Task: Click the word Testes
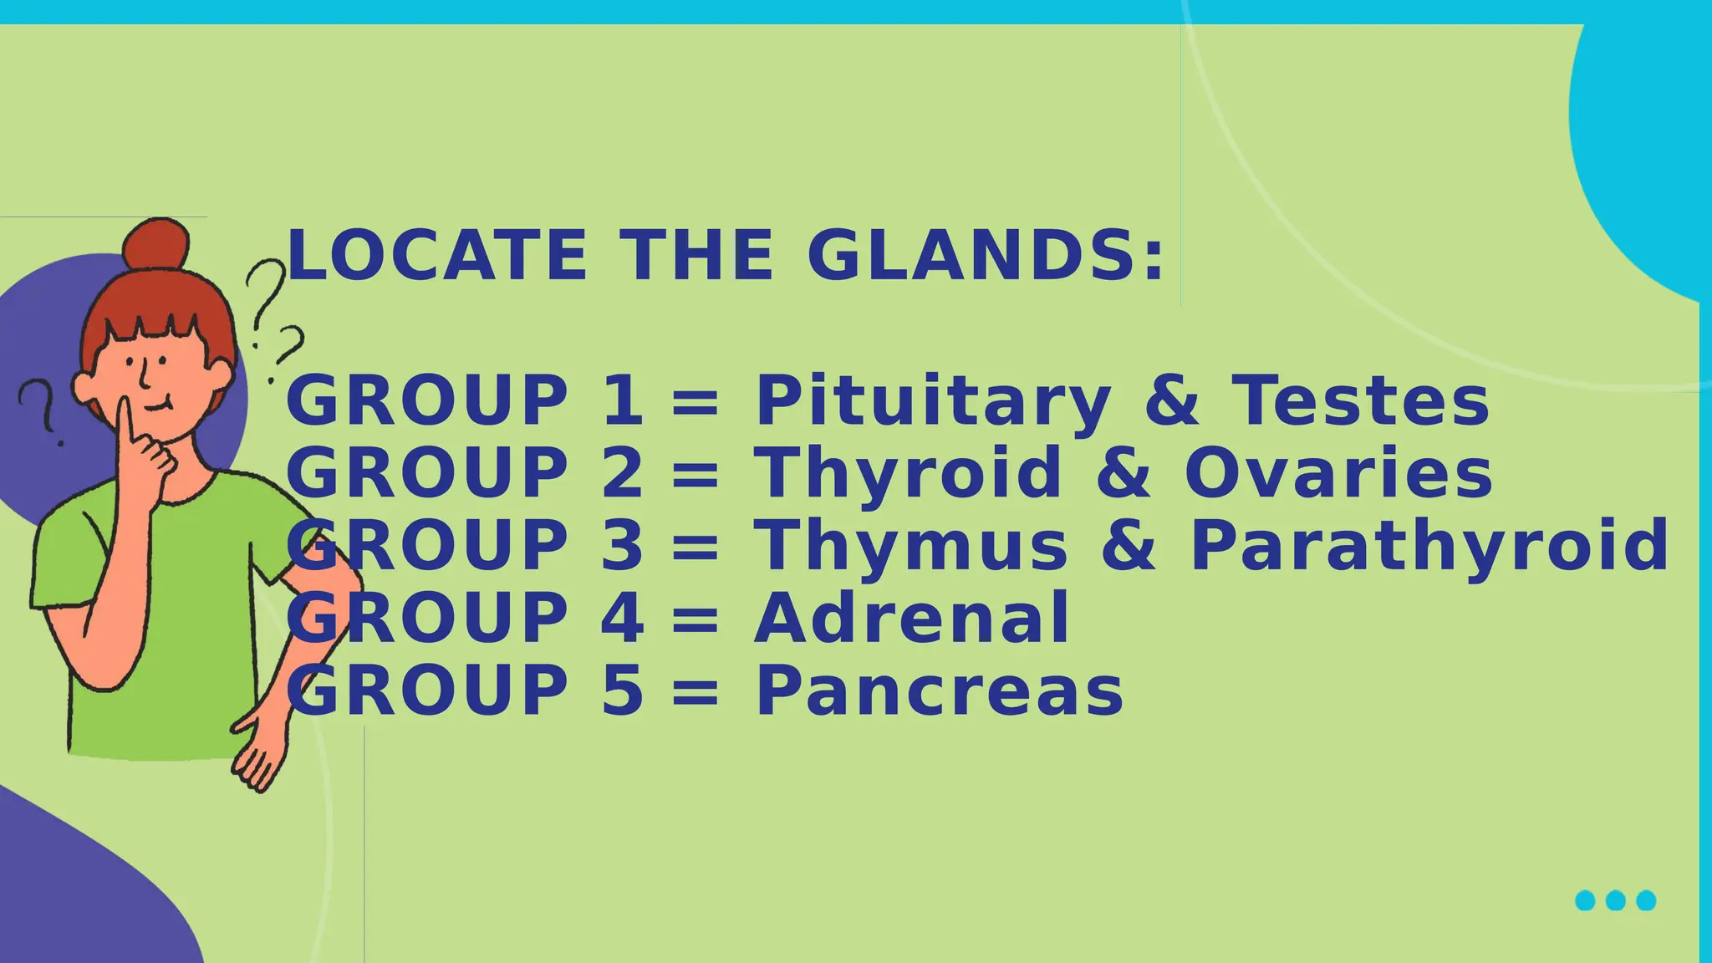(x=1360, y=401)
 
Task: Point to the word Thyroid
(x=908, y=474)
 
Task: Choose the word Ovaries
(x=1337, y=474)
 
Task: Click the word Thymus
(x=910, y=547)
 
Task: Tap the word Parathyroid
(x=1429, y=547)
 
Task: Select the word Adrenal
(x=911, y=619)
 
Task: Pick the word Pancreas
(x=939, y=692)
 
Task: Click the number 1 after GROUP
(x=623, y=401)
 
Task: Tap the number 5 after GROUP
(x=623, y=692)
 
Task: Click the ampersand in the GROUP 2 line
(x=1123, y=474)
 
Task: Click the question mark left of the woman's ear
(x=42, y=410)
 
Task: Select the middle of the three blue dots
(x=1615, y=900)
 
